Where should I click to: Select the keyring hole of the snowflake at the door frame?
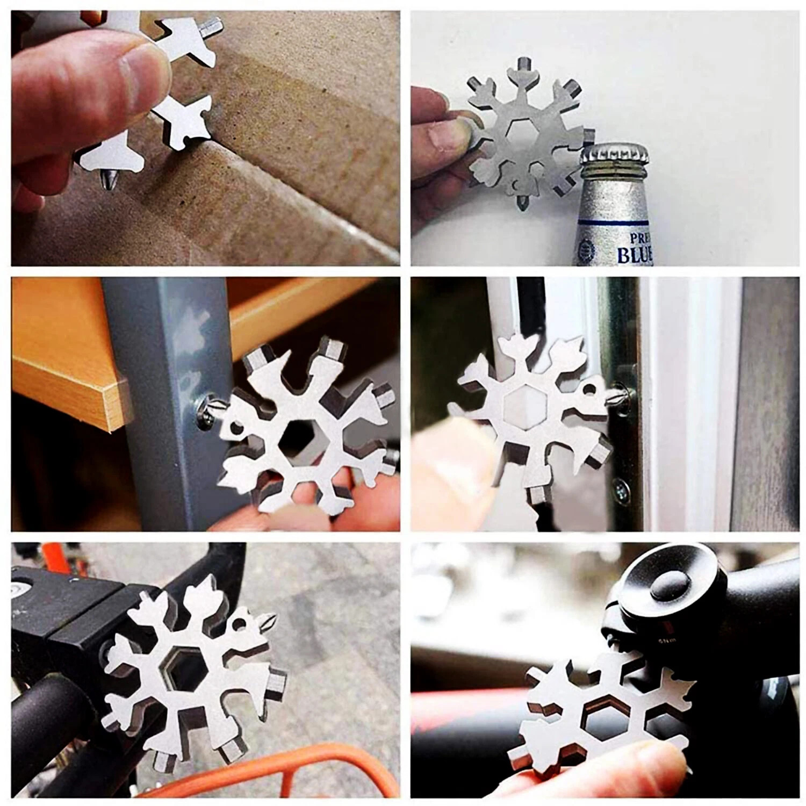[589, 390]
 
